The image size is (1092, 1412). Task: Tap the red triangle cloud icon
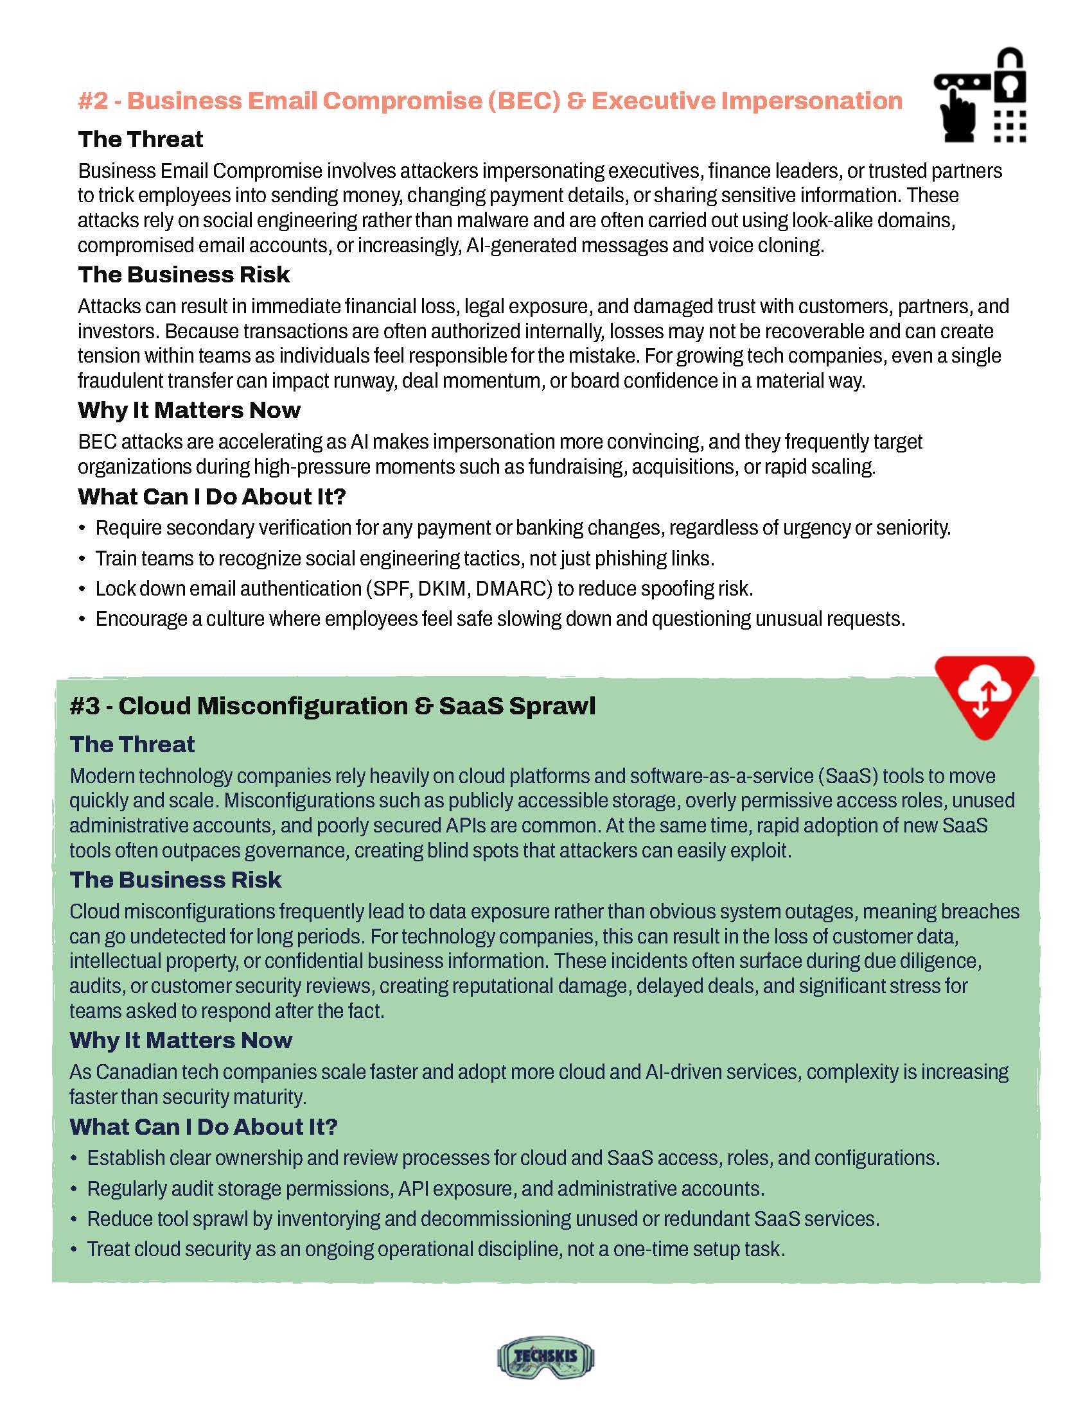point(984,695)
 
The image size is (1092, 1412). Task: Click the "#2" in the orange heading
point(92,101)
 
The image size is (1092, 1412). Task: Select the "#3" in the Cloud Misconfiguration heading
point(84,706)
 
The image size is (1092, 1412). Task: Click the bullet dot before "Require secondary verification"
point(82,529)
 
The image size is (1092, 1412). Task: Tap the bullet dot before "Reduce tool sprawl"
point(74,1220)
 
